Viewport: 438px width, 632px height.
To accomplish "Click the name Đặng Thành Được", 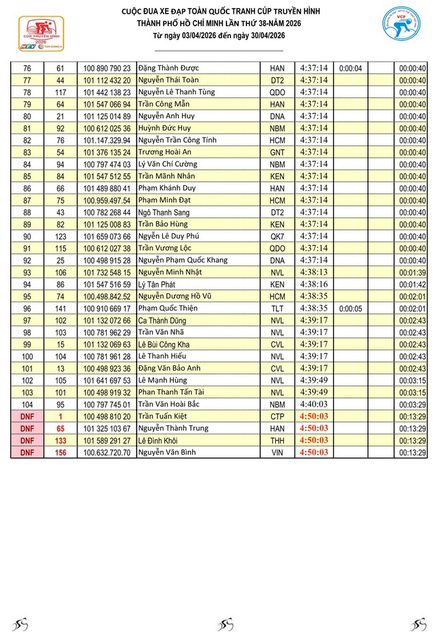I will point(166,68).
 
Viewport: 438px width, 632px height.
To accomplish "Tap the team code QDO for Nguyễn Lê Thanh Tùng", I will point(277,92).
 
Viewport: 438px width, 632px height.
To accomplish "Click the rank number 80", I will point(27,116).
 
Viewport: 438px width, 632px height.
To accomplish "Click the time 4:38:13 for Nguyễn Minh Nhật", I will point(314,272).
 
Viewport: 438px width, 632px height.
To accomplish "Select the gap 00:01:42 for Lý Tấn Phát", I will point(413,284).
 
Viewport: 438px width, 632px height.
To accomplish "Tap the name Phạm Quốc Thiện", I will point(168,308).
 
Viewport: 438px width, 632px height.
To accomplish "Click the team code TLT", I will point(277,308).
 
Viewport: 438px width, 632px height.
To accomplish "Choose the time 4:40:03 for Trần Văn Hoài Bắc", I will point(314,404).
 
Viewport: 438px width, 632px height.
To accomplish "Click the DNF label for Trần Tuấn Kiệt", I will point(27,416).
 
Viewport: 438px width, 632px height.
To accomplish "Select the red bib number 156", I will point(60,452).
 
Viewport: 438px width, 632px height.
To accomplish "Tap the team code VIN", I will point(277,452).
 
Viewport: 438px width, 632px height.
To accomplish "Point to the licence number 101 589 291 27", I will point(107,440).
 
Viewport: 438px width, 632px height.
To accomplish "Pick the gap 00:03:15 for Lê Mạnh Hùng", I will point(413,380).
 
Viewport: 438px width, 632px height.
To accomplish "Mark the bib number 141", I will point(60,308).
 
